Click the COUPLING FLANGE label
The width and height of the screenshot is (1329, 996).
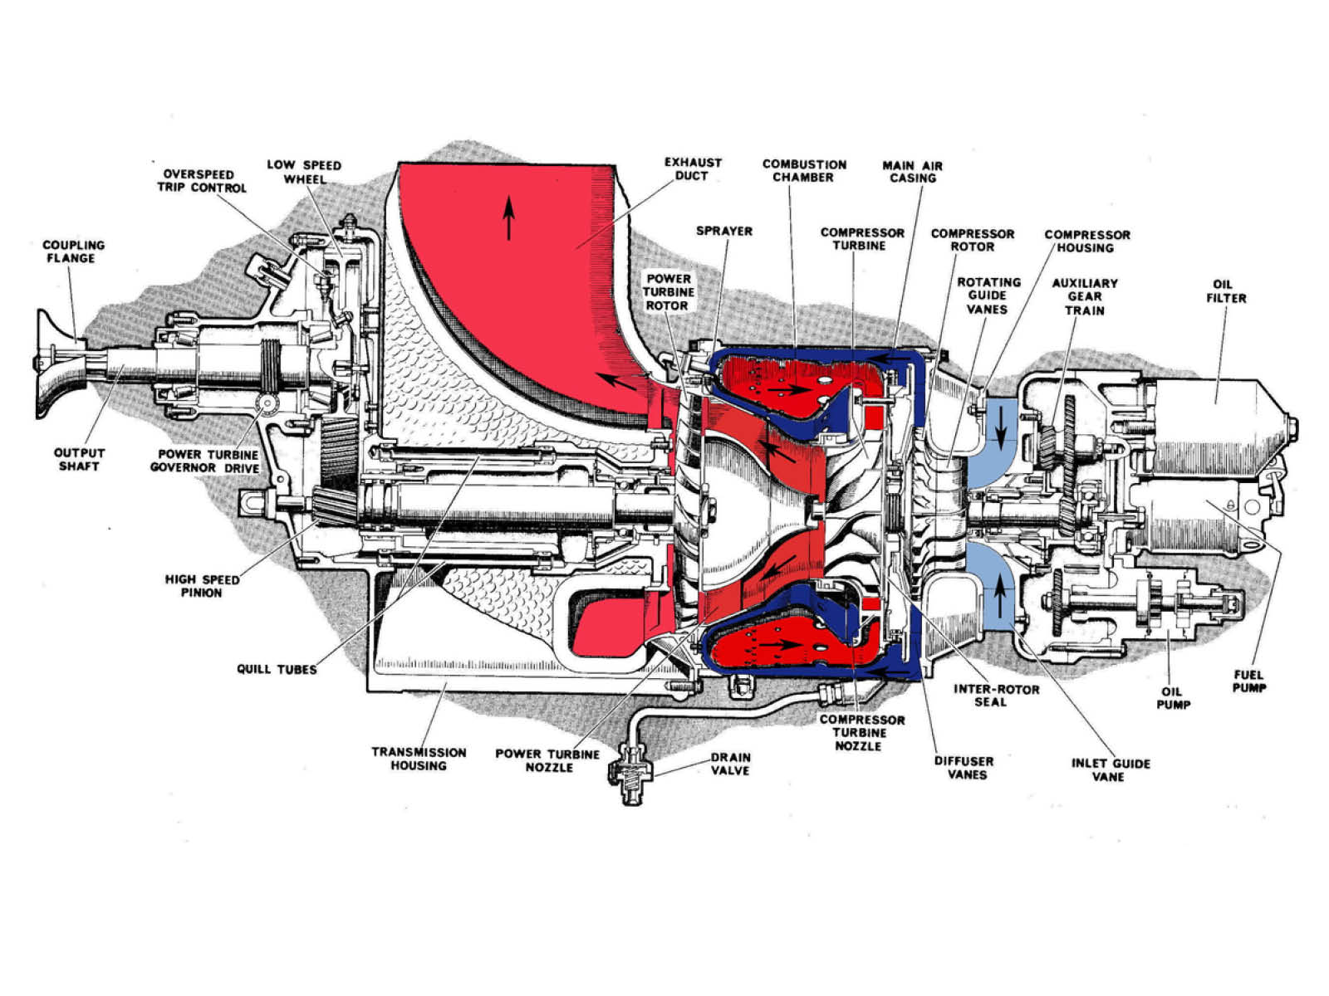coord(73,251)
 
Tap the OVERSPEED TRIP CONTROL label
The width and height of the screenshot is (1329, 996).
coord(202,181)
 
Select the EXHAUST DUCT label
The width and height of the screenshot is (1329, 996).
coord(693,168)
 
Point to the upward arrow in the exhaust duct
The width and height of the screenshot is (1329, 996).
coord(509,217)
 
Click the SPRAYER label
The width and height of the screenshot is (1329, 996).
coord(723,231)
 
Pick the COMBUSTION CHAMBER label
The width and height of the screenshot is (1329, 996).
coord(804,170)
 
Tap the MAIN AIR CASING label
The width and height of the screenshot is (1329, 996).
coord(912,172)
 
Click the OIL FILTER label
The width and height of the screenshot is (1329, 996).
coord(1226,290)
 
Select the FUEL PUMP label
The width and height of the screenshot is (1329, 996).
coord(1248,681)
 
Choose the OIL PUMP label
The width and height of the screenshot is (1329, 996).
coord(1173,698)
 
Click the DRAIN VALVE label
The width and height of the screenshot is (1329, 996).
coord(730,764)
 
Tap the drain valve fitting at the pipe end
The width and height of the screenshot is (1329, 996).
coord(631,776)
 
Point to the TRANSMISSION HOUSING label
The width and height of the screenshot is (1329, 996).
coord(419,759)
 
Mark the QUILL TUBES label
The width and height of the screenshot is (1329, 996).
coord(277,670)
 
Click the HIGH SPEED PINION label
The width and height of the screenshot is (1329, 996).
coord(202,586)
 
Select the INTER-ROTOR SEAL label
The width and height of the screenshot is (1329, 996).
coord(996,696)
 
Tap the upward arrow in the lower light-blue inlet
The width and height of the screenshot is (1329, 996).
coord(1000,595)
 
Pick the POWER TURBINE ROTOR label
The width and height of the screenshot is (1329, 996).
coord(668,292)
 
